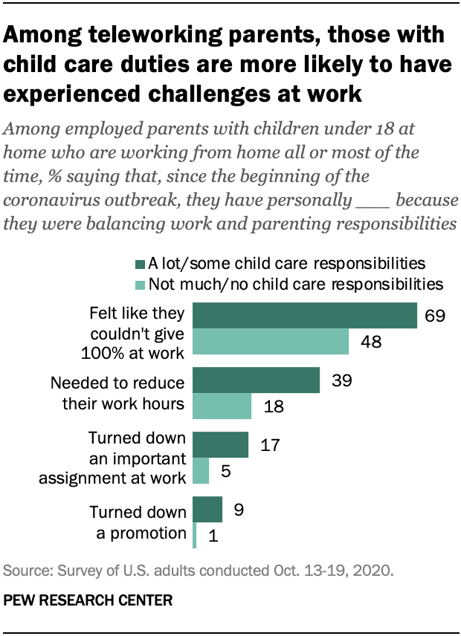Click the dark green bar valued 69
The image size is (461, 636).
coord(305,315)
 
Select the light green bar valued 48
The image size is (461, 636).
coord(271,342)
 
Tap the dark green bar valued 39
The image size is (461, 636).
coord(257,380)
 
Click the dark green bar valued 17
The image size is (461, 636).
coord(221,444)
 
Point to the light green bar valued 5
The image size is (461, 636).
coord(201,471)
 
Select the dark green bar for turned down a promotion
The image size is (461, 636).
coord(207,510)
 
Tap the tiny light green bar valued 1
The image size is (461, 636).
coord(195,536)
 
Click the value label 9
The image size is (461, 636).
coord(239,510)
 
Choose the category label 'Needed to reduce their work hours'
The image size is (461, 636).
coord(117,393)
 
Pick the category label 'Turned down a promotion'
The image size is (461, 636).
coord(137,522)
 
